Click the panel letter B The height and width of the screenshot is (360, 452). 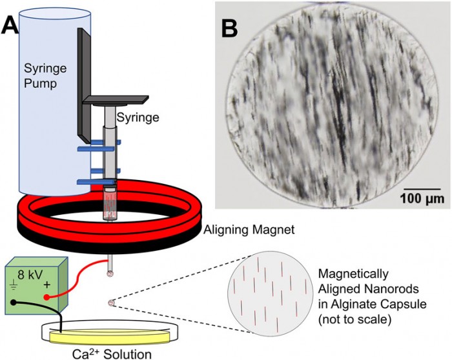click(x=232, y=27)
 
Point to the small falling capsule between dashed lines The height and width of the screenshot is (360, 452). click(x=111, y=302)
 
